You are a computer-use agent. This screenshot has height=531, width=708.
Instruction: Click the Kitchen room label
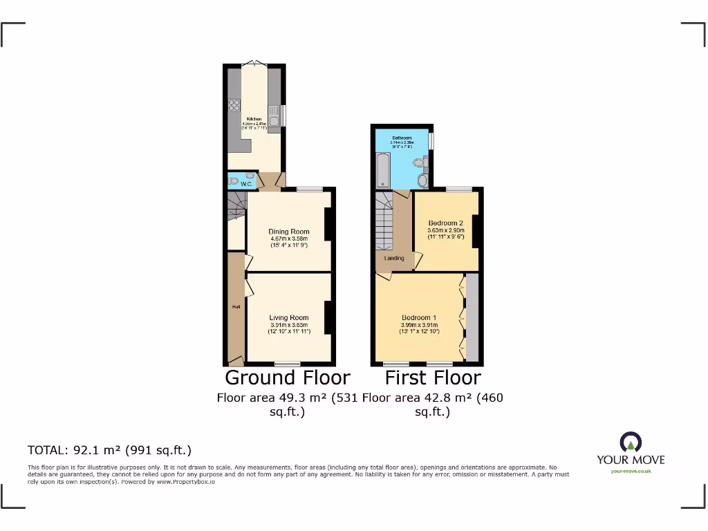(254, 119)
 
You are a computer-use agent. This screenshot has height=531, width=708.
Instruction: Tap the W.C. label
(246, 184)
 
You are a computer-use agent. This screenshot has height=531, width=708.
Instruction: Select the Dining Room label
(289, 232)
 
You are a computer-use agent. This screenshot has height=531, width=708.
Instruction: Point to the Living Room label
(289, 318)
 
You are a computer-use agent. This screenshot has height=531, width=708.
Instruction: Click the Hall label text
(236, 306)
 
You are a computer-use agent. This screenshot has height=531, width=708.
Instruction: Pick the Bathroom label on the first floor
(401, 138)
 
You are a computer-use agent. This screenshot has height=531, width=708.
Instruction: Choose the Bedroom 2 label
(445, 223)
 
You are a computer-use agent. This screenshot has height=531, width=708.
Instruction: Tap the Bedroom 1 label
(420, 318)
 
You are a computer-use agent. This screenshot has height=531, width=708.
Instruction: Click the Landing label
(394, 259)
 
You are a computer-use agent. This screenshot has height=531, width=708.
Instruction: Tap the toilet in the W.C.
(234, 181)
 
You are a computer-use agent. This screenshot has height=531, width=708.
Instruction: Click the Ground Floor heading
(288, 378)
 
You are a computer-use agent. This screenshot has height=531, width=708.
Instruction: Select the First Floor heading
(433, 378)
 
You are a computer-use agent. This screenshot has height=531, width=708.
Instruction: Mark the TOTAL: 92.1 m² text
(109, 450)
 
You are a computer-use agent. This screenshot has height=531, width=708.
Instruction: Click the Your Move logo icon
(631, 442)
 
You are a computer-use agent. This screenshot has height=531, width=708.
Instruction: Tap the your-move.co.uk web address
(631, 472)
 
